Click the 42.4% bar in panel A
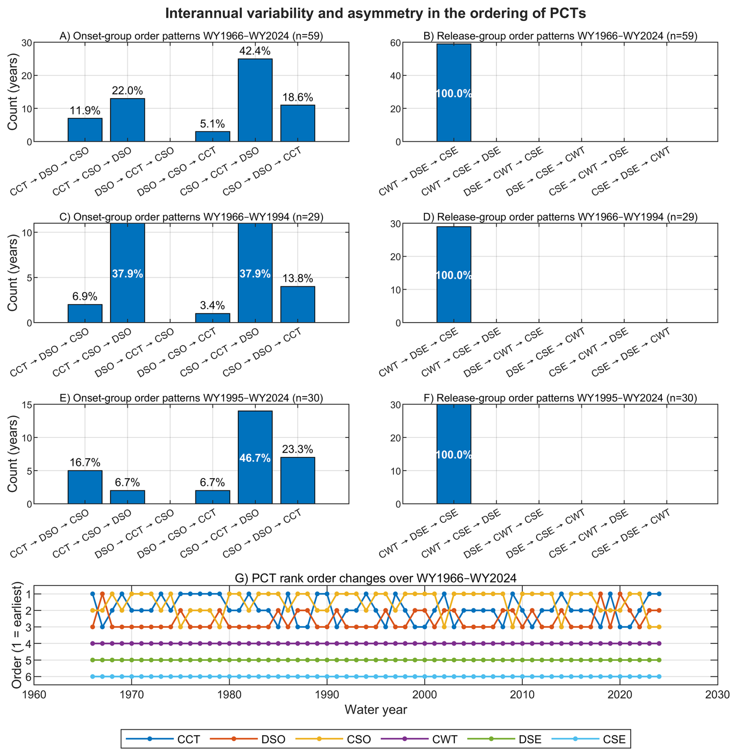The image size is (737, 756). pyautogui.click(x=255, y=100)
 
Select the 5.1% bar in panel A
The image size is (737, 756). pyautogui.click(x=212, y=136)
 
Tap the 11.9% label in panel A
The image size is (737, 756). pyautogui.click(x=85, y=111)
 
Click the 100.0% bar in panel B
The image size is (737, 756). pyautogui.click(x=453, y=93)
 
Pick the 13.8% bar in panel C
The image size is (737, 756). pyautogui.click(x=298, y=304)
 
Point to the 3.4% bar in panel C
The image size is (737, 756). pyautogui.click(x=212, y=318)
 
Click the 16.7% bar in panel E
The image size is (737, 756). pyautogui.click(x=85, y=487)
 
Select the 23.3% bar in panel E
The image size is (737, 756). pyautogui.click(x=298, y=480)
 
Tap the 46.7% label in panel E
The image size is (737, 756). pyautogui.click(x=255, y=458)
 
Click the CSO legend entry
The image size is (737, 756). pyautogui.click(x=333, y=739)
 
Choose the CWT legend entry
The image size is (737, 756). pyautogui.click(x=419, y=739)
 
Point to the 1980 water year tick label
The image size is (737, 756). pyautogui.click(x=229, y=695)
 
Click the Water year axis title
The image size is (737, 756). pyautogui.click(x=376, y=710)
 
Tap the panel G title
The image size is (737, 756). pyautogui.click(x=376, y=578)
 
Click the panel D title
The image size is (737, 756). pyautogui.click(x=560, y=217)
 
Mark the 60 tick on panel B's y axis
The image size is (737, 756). pyautogui.click(x=395, y=43)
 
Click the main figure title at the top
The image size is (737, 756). pyautogui.click(x=376, y=13)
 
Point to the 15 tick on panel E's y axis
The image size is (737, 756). pyautogui.click(x=27, y=405)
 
